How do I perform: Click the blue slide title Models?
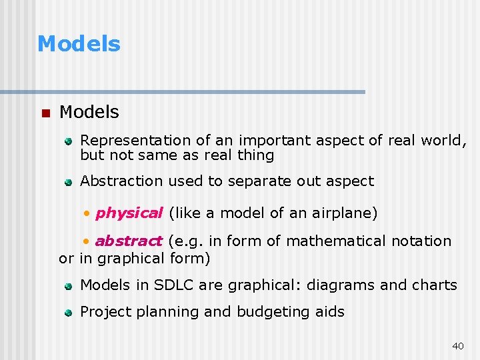(x=79, y=44)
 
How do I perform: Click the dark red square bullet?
(x=45, y=113)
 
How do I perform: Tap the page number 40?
(x=457, y=345)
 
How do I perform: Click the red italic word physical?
(x=129, y=213)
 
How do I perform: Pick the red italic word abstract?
(x=129, y=241)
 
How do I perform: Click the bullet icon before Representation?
(x=68, y=141)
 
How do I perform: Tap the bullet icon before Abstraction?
(x=68, y=181)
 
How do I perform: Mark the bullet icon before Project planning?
(x=68, y=312)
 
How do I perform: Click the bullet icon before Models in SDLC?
(x=68, y=286)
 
